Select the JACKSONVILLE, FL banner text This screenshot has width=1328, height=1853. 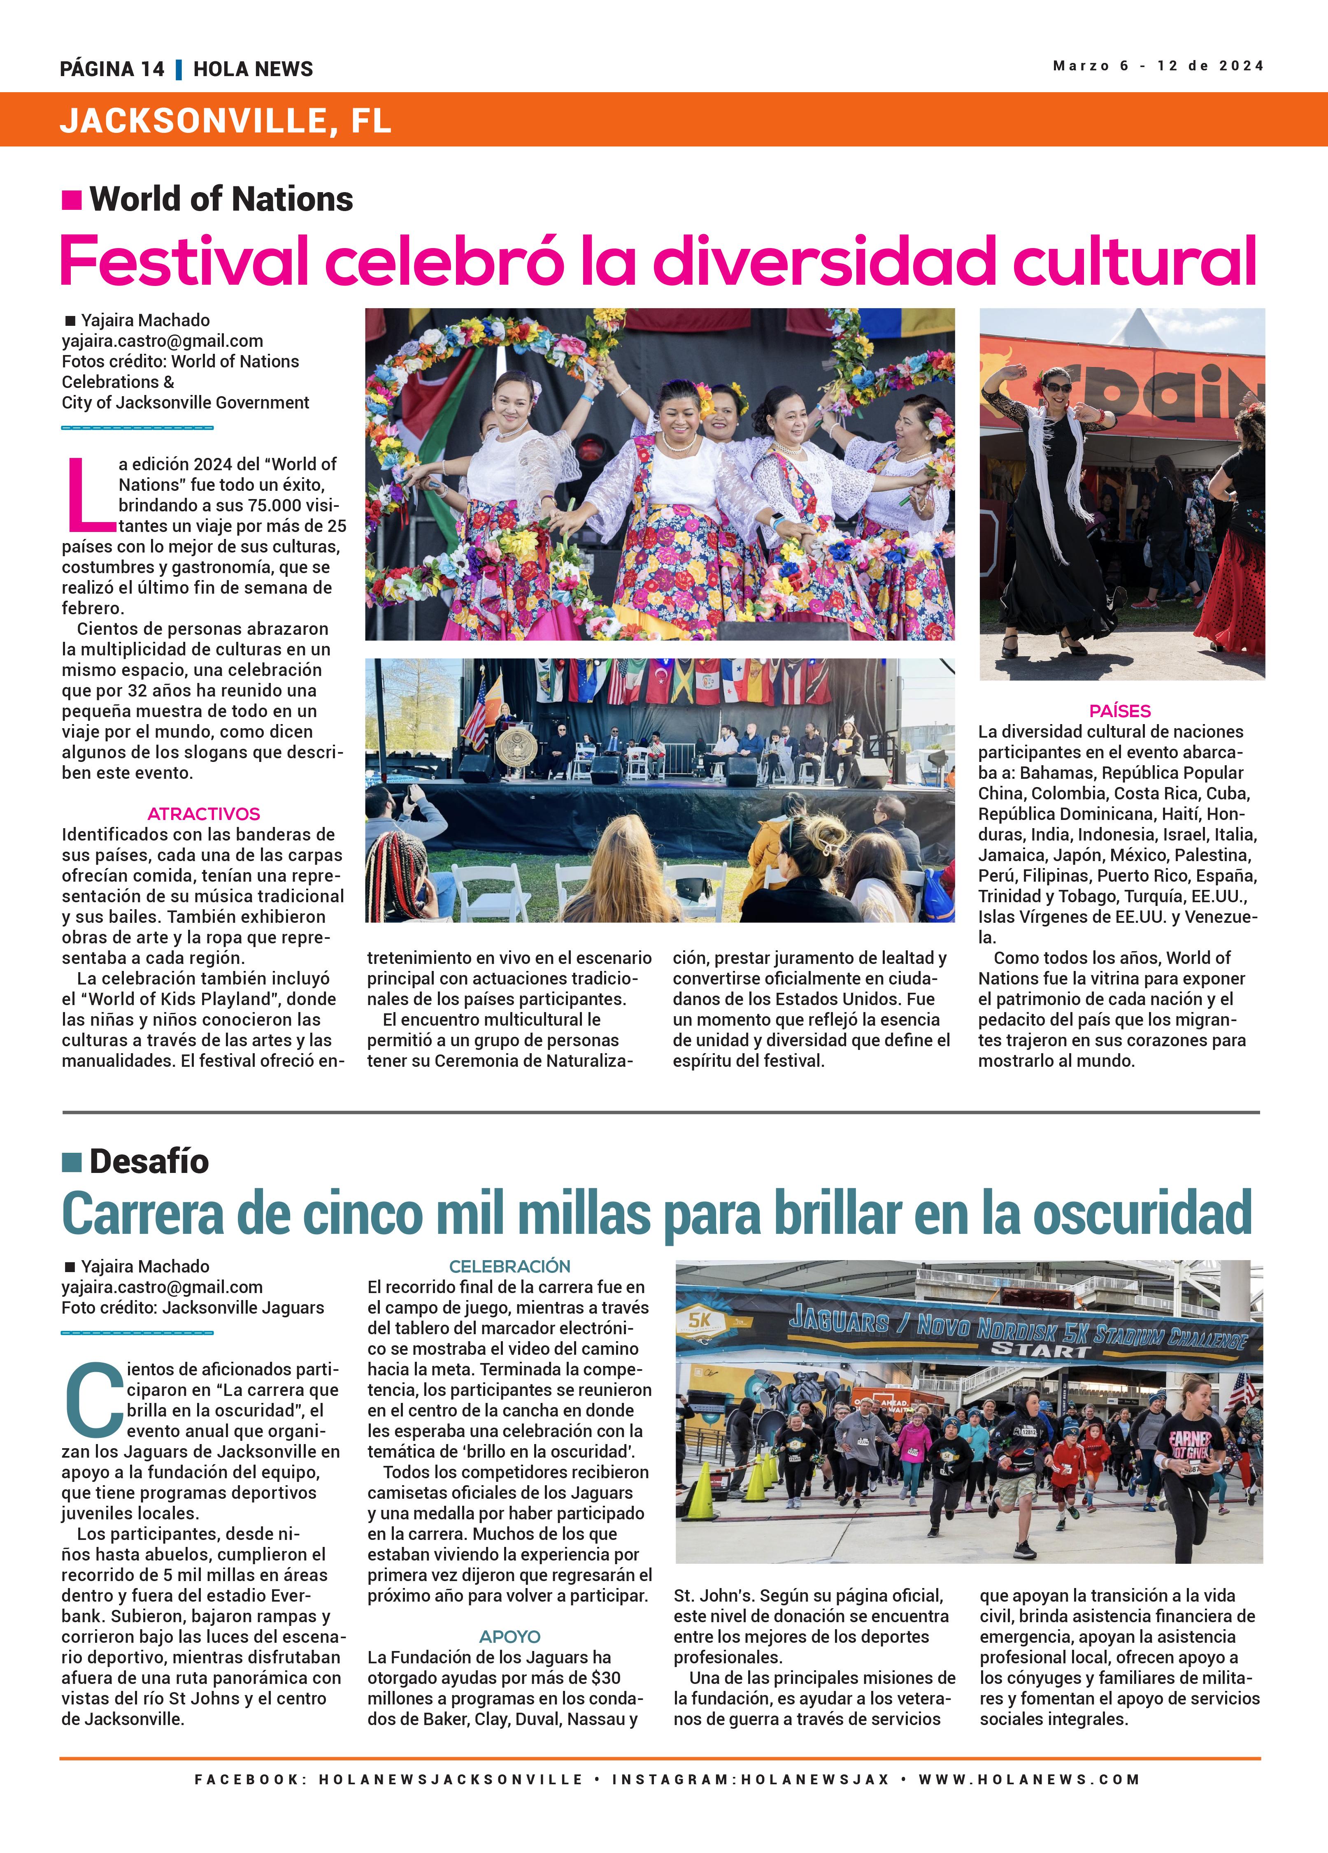click(226, 121)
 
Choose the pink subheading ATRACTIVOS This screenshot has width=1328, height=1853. click(203, 814)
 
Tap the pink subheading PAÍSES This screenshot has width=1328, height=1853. click(1120, 711)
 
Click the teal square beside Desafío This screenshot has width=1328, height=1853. click(72, 1162)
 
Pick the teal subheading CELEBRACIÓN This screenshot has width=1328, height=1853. click(510, 1266)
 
